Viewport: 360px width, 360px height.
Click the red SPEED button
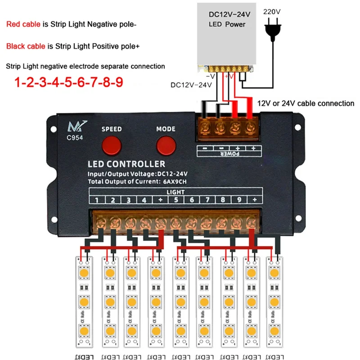[111, 145]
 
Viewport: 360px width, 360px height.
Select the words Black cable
[25, 46]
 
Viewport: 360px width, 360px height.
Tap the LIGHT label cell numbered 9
[239, 200]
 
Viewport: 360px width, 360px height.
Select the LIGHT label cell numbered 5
[176, 200]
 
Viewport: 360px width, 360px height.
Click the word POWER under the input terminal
[229, 154]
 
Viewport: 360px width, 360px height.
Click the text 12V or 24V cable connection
[306, 103]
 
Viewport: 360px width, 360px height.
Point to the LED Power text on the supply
[227, 24]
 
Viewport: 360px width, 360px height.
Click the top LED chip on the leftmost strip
[84, 273]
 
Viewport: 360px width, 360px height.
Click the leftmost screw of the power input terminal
[206, 126]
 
